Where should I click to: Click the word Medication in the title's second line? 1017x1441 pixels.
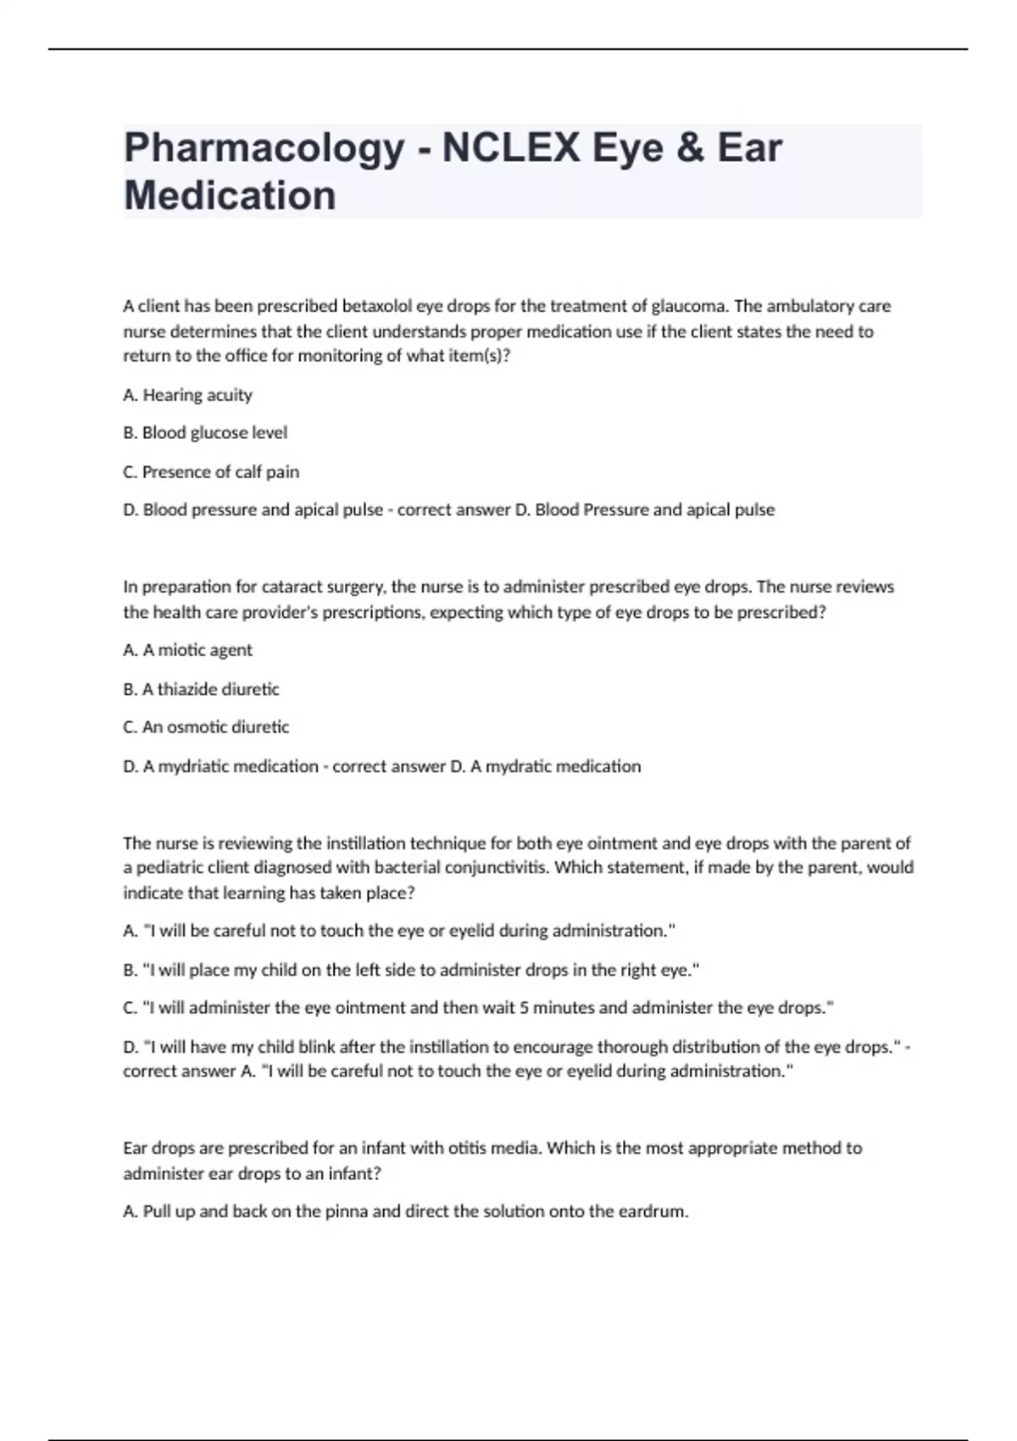coord(230,195)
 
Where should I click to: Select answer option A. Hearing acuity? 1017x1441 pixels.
coord(187,395)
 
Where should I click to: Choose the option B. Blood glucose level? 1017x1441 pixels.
coord(205,433)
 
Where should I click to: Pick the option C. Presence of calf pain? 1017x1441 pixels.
coord(211,472)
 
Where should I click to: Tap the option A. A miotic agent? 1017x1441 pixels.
coord(187,650)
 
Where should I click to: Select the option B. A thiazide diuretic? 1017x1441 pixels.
coord(201,689)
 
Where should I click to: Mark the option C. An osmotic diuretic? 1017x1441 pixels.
coord(206,727)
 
